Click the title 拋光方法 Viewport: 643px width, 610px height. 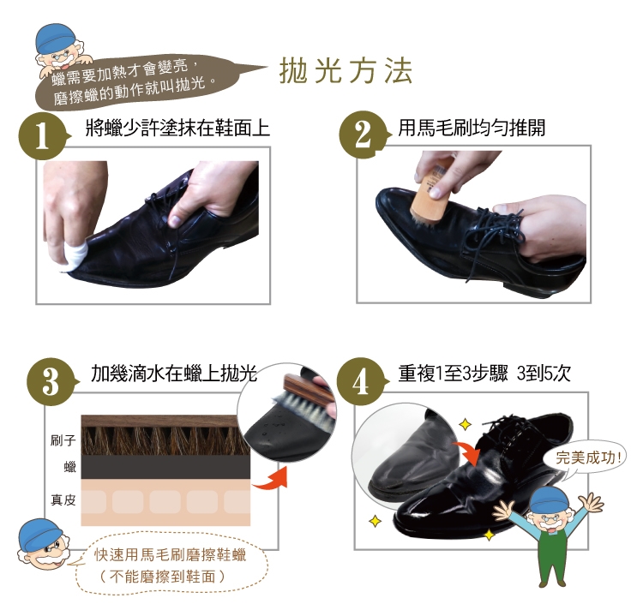coord(346,71)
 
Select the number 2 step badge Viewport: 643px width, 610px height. coord(363,135)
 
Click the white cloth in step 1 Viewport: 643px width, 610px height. coord(74,256)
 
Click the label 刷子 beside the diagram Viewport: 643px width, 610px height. coord(63,440)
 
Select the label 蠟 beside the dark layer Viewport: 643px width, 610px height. coord(70,467)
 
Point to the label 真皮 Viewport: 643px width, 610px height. coord(63,499)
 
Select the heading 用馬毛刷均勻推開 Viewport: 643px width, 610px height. coord(472,128)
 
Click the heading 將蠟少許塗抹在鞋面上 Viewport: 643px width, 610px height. coord(178,128)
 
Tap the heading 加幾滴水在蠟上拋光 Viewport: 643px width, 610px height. coord(174,373)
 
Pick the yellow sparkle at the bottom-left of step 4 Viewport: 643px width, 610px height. coord(375,521)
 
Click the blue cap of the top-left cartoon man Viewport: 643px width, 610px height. coord(52,38)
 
